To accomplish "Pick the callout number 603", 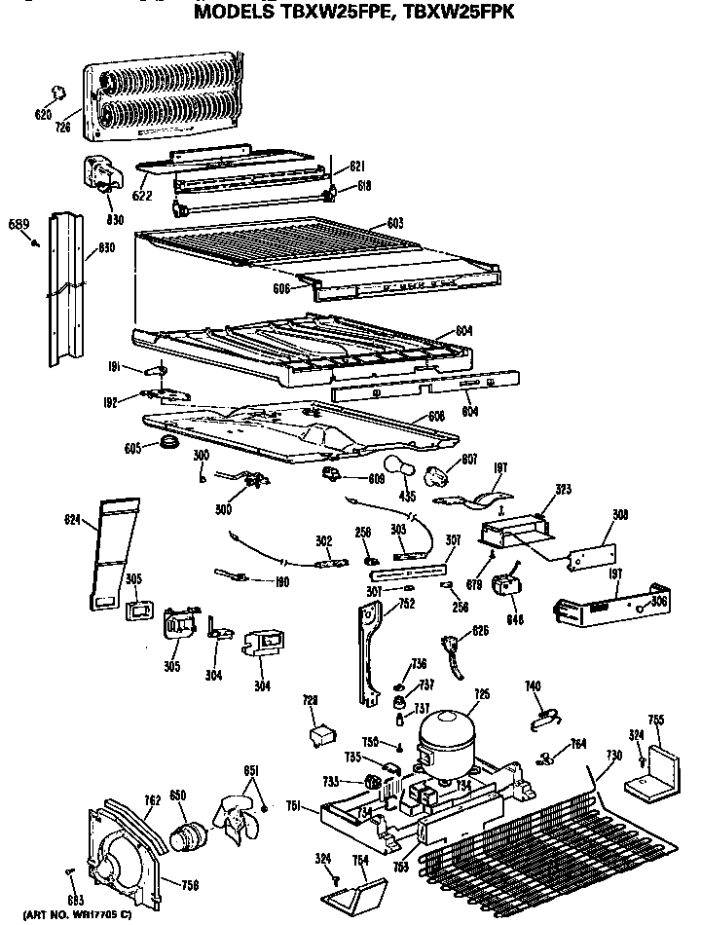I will click(394, 224).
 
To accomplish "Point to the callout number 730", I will click(613, 756).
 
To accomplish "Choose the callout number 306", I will click(659, 603).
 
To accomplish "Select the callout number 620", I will click(43, 115).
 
